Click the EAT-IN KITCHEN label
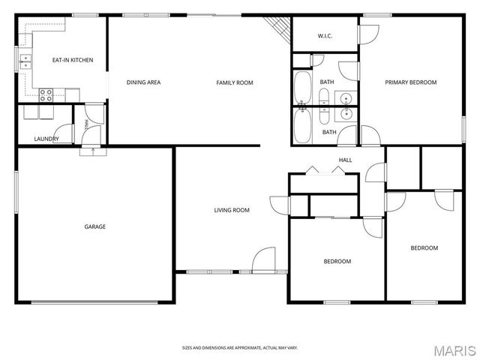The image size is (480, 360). [73, 60]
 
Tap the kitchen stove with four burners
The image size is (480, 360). [46, 95]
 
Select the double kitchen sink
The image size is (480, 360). [25, 61]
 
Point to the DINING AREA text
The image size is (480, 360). [143, 82]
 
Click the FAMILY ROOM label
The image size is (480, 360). [235, 82]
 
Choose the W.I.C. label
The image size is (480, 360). [325, 36]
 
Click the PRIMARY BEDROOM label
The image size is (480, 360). [411, 82]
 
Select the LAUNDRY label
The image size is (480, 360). [46, 139]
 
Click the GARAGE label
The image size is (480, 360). [95, 226]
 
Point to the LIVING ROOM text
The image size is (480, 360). [232, 210]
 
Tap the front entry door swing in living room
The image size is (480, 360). [263, 259]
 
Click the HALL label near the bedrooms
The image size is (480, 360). [345, 160]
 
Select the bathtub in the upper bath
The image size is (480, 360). [303, 88]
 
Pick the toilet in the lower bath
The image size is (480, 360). [324, 115]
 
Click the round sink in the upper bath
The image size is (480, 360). [346, 98]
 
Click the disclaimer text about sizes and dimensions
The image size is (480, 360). [240, 348]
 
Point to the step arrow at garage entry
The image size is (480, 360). [93, 151]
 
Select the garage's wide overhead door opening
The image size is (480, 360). [94, 302]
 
